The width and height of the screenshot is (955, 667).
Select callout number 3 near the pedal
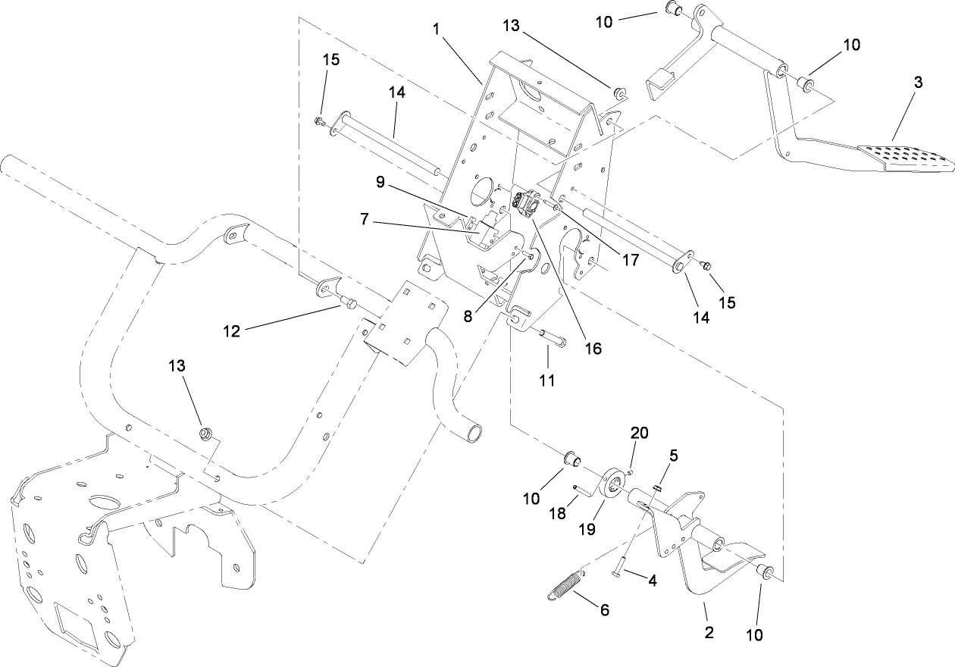coord(917,83)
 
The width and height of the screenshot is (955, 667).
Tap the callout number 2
coord(709,632)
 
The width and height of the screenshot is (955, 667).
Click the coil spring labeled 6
coord(562,587)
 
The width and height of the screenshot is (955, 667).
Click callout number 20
coord(640,433)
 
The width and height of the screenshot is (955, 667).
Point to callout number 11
coord(547,379)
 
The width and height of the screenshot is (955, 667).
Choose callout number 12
coord(232,331)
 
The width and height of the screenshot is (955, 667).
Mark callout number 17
coord(630,259)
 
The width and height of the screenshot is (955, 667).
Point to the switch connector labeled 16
coord(527,204)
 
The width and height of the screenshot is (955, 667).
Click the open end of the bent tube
coord(476,433)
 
